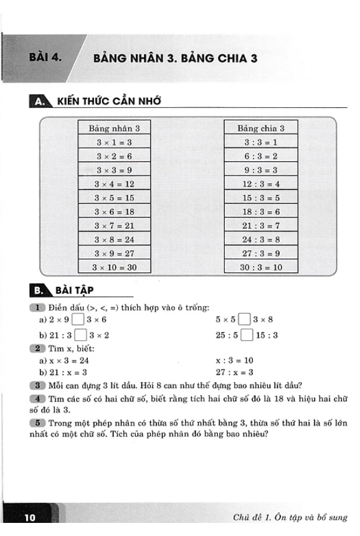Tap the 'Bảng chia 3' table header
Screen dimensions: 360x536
click(261, 128)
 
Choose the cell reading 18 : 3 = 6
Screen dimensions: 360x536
click(261, 211)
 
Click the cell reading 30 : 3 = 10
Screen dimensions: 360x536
click(261, 267)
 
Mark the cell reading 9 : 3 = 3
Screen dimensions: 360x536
click(261, 170)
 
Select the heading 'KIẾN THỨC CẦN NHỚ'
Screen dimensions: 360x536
click(108, 101)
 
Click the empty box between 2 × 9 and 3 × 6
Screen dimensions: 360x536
click(78, 320)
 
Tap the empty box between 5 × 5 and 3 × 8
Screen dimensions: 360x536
click(245, 320)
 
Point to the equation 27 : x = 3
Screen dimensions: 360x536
click(234, 372)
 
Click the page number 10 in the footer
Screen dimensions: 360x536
click(31, 517)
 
